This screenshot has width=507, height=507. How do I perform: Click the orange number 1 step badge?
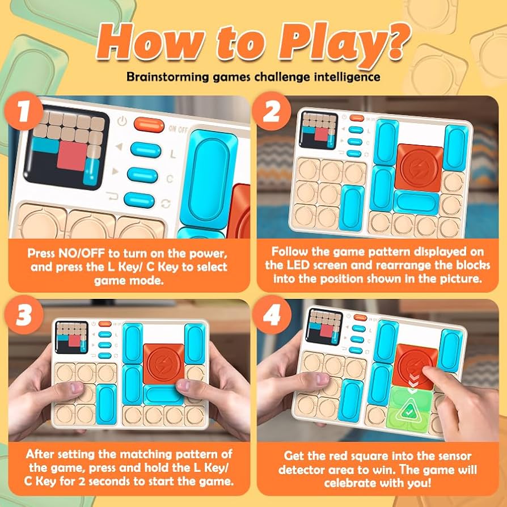(23, 111)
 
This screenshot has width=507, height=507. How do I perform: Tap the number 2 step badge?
(271, 111)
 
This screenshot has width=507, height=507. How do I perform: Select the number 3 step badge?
(24, 315)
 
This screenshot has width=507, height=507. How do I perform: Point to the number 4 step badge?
(272, 315)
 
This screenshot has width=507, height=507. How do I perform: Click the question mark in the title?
(395, 41)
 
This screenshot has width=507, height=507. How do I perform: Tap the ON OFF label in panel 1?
(178, 129)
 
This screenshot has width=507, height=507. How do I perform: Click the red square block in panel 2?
(419, 167)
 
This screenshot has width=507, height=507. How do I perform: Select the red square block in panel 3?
(163, 364)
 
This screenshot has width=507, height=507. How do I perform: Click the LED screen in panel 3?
(72, 337)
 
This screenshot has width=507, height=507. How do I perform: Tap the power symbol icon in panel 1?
(121, 122)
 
